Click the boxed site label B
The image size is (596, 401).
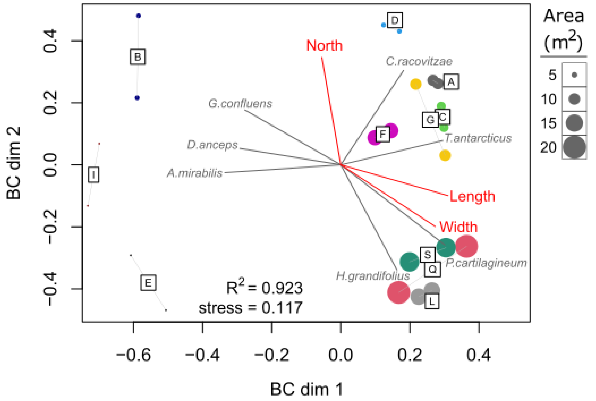(x=138, y=57)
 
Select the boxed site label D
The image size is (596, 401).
(x=395, y=20)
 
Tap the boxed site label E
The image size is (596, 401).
(x=148, y=283)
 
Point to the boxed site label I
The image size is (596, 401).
(x=93, y=175)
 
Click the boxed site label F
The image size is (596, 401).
(x=383, y=134)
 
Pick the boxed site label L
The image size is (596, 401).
(x=432, y=301)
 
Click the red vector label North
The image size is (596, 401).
(x=324, y=46)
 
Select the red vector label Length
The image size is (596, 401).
(x=472, y=196)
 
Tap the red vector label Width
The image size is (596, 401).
(x=458, y=227)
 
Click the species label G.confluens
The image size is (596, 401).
(x=240, y=104)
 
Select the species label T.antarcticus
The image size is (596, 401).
(x=478, y=138)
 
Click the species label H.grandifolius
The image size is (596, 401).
(x=373, y=276)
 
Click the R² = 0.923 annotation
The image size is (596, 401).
(x=264, y=287)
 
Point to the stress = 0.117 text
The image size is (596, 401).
(x=250, y=308)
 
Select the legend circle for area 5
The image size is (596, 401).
(x=574, y=75)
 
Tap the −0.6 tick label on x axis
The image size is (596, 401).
(x=134, y=355)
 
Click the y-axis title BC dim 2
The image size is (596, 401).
(x=13, y=163)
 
